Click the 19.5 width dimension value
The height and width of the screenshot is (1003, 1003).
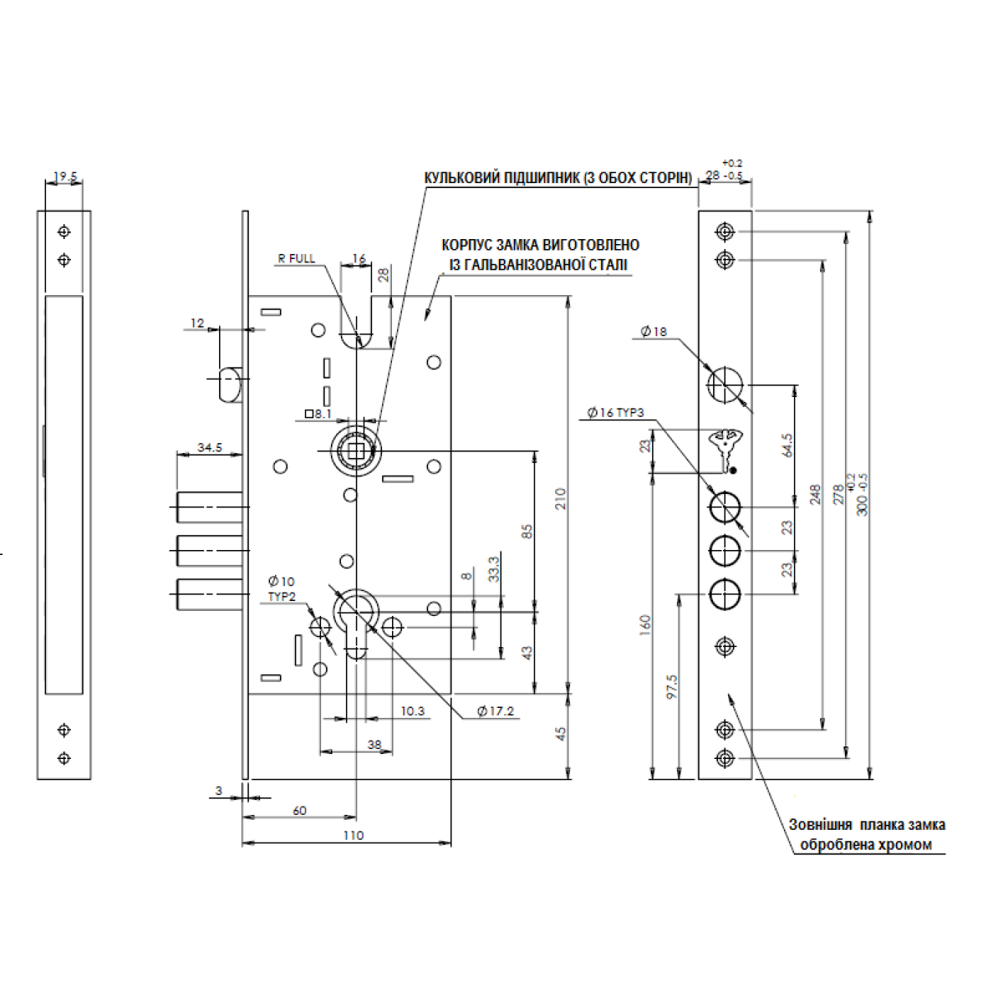65,177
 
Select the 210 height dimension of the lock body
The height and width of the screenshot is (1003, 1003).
561,498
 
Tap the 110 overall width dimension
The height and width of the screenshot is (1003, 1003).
354,835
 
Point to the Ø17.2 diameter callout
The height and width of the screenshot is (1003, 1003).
496,711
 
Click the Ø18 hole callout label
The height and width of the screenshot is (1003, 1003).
654,332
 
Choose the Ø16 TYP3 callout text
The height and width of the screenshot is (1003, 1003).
618,412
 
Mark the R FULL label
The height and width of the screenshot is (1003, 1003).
297,258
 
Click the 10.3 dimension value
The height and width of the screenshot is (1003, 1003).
412,711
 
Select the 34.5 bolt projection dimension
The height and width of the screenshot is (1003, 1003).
210,448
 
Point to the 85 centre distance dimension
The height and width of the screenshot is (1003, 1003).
527,531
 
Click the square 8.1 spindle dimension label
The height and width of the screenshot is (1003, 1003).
318,413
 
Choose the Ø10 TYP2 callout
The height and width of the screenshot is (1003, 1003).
281,588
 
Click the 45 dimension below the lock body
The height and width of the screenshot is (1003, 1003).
561,733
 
